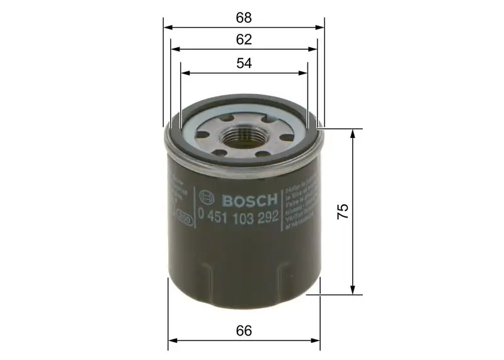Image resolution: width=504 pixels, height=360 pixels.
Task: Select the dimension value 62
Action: click(x=244, y=38)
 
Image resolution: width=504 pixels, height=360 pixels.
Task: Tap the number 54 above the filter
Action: click(x=244, y=62)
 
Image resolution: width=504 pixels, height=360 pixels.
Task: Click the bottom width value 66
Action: click(x=244, y=331)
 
